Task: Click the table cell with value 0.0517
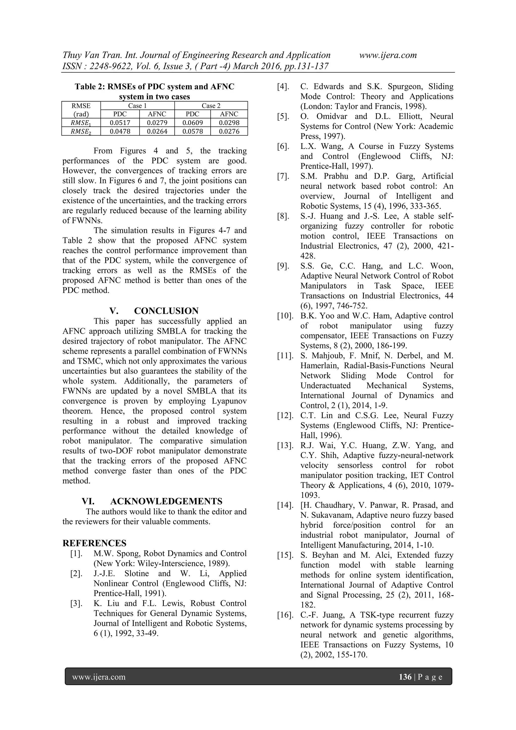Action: (120, 123)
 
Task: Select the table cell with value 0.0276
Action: (229, 131)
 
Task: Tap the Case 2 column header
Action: (211, 106)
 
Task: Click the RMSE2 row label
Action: (81, 131)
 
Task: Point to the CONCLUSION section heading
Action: (166, 311)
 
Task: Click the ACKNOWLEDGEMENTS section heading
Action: (166, 501)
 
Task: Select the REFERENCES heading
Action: (94, 543)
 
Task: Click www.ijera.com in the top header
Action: (388, 55)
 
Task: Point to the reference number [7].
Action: (283, 176)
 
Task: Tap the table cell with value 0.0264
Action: (157, 131)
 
